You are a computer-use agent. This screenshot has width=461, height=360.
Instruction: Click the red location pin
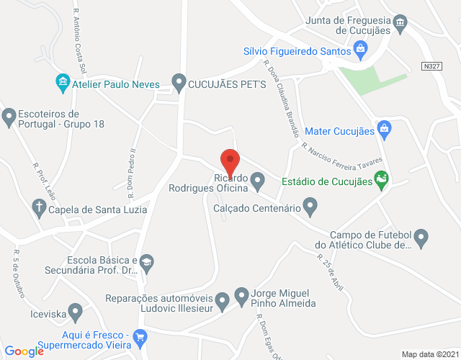[x=229, y=160]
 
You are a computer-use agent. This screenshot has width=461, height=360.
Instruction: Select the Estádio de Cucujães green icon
[x=382, y=181]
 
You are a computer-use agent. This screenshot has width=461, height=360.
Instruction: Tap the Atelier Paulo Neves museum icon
[x=62, y=83]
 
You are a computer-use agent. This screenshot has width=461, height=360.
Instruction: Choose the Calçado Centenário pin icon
[x=310, y=209]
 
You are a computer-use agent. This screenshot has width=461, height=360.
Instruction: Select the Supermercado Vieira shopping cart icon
[x=140, y=336]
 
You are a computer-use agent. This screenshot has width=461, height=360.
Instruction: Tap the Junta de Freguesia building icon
[x=402, y=25]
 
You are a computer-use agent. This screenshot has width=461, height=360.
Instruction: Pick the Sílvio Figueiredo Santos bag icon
[x=362, y=51]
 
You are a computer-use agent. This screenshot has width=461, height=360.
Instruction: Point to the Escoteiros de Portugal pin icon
[x=9, y=115]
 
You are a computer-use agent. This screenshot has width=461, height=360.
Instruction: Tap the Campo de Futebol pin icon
[x=422, y=235]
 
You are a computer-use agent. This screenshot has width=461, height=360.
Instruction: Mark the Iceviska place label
[x=29, y=313]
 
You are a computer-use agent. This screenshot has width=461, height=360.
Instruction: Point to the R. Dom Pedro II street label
[x=132, y=166]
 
